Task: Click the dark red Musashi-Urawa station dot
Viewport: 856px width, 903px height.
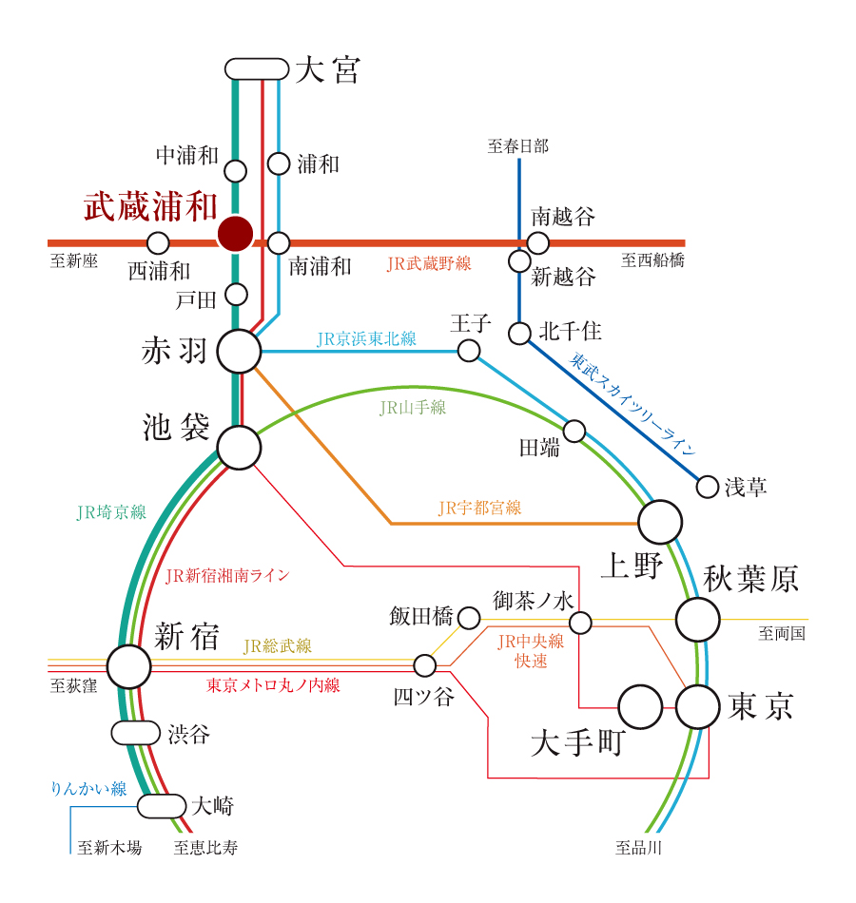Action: [x=235, y=233]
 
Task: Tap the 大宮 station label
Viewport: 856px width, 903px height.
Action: [x=327, y=70]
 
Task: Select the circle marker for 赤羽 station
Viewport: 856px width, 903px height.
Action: [x=239, y=352]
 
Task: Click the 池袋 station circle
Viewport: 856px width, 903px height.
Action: [x=239, y=447]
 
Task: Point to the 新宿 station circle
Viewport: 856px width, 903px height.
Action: [x=128, y=666]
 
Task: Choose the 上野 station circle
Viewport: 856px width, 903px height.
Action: [x=660, y=522]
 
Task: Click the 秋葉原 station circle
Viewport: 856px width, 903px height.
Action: [x=698, y=620]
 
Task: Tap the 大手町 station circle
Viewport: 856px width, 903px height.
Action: [x=640, y=707]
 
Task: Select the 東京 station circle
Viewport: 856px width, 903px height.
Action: [x=698, y=707]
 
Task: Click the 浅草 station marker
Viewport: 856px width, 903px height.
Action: [x=708, y=487]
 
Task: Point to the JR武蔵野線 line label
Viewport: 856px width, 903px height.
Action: [x=429, y=264]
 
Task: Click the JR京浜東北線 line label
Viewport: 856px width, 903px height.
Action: [x=366, y=338]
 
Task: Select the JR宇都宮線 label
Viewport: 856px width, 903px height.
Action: [x=479, y=509]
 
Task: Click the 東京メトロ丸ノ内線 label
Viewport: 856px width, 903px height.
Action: [x=273, y=684]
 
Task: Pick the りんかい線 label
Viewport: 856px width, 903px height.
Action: [x=88, y=788]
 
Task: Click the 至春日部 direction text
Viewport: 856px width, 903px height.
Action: [x=518, y=146]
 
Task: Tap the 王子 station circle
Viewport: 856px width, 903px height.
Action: [x=469, y=351]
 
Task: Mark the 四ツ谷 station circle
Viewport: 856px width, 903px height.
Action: [x=424, y=663]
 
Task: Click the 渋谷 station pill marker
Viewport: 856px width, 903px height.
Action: [x=136, y=733]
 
